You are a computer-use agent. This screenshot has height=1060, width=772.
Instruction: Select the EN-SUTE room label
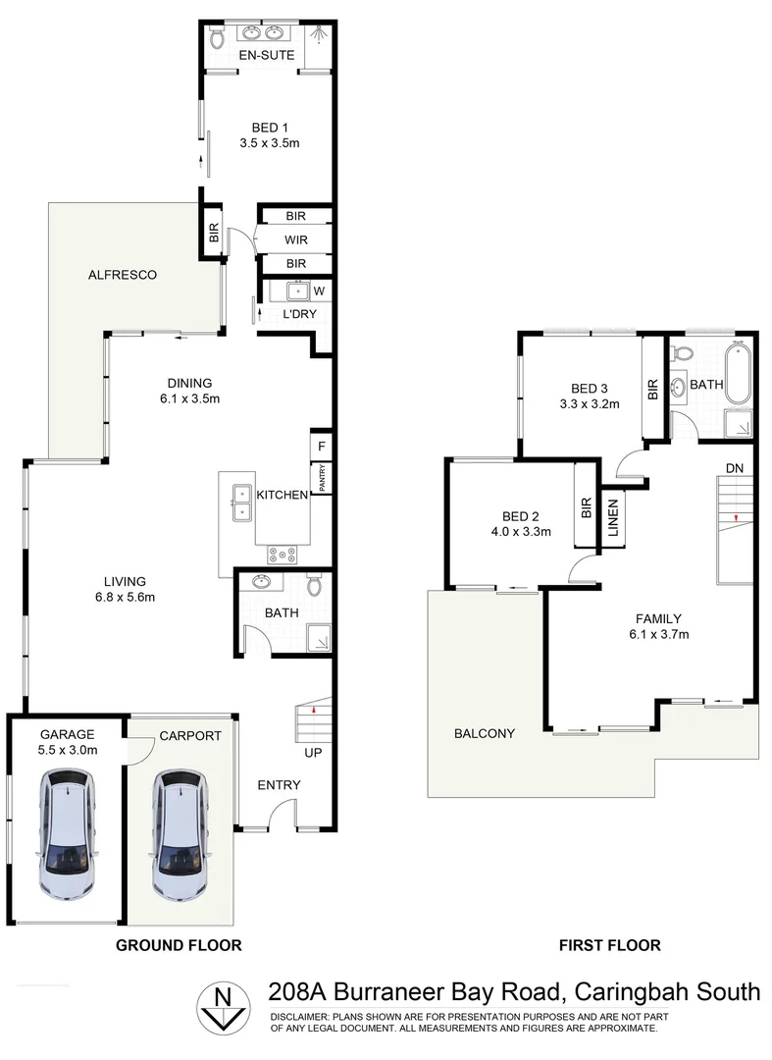[267, 56]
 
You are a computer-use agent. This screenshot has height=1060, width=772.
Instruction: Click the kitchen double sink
[239, 503]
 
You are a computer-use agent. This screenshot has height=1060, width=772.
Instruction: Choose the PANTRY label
[321, 477]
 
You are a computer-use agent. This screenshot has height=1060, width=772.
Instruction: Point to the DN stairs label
[734, 467]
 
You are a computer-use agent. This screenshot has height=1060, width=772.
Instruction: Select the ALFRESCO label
[122, 275]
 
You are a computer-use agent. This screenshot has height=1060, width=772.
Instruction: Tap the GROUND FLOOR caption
[179, 945]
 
